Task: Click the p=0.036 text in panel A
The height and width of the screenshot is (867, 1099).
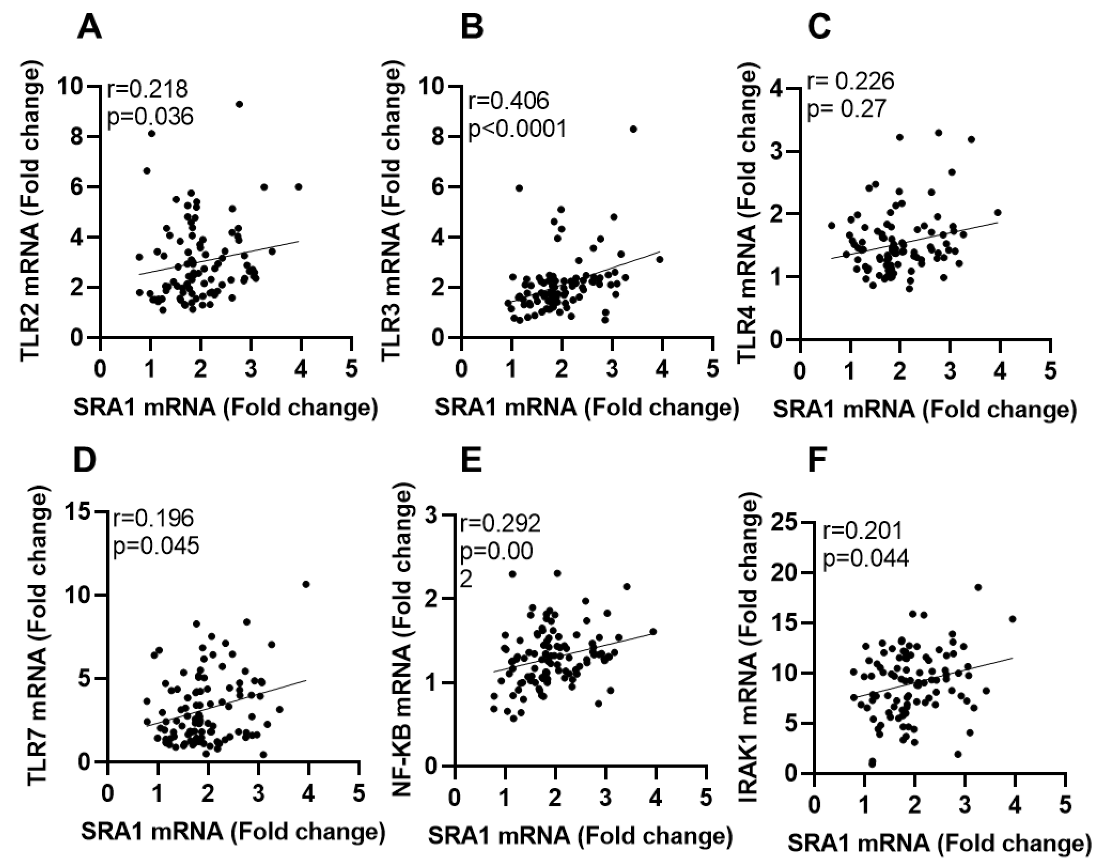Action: [x=150, y=117]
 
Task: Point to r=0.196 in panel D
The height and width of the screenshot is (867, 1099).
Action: [x=153, y=518]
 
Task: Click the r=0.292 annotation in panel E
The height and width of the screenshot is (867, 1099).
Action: [x=500, y=524]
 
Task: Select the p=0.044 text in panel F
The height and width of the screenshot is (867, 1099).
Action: [x=865, y=558]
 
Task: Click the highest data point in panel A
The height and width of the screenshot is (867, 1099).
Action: [x=239, y=105]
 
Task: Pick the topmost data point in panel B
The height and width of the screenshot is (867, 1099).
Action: [x=633, y=129]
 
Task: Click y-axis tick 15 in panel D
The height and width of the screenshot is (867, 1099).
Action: [x=81, y=512]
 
